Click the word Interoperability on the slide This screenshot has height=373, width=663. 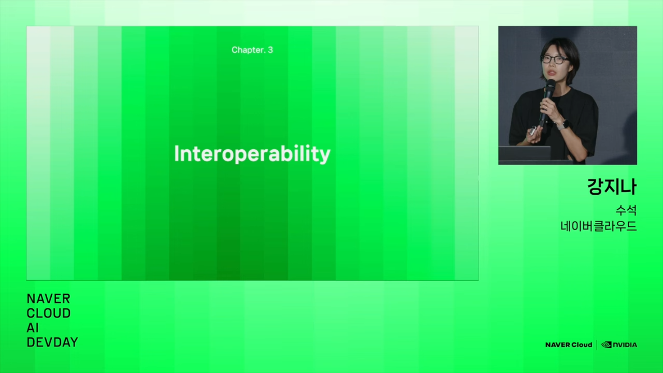(252, 154)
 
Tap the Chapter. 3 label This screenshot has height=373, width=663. (252, 50)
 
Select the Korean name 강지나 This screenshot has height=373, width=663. (612, 186)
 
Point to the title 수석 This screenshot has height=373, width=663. (626, 210)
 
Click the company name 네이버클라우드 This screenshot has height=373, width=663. (598, 226)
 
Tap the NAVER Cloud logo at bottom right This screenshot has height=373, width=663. (568, 345)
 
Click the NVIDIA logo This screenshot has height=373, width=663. (619, 345)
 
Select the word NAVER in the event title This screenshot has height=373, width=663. (48, 298)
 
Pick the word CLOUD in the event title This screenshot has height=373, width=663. (48, 313)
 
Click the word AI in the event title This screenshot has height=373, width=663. (32, 328)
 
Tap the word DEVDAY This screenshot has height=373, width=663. (52, 342)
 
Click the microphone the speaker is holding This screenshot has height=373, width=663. (547, 103)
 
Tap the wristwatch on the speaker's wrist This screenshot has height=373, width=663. (562, 126)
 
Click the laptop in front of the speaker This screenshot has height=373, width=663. (525, 153)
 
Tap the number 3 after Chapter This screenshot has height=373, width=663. (270, 50)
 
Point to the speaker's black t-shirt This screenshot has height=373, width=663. (554, 122)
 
